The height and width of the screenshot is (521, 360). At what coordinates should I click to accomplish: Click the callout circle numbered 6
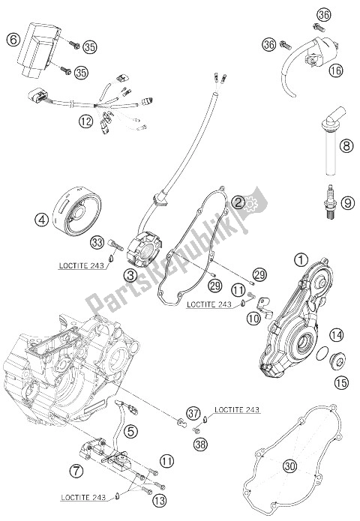tap(12, 40)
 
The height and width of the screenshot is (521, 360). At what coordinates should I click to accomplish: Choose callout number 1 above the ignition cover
tap(300, 261)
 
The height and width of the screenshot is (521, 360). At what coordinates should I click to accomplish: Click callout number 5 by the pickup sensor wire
tap(130, 430)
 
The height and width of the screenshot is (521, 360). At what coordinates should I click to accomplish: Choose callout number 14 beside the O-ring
tap(336, 335)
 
